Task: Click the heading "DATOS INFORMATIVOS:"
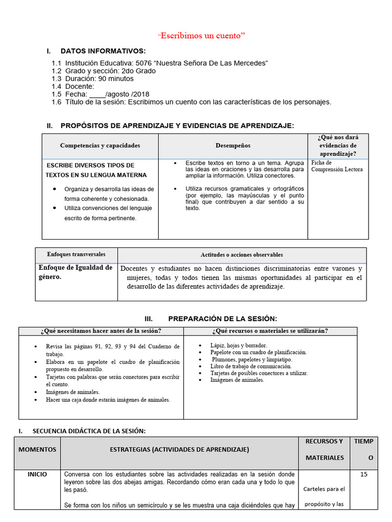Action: coord(103,51)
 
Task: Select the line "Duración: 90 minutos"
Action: coord(99,79)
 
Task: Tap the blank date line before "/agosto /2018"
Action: coord(97,94)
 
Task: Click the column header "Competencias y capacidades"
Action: coord(100,146)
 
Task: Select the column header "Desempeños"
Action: coord(233,146)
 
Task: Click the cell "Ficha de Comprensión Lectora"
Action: coord(337,166)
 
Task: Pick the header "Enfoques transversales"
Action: coord(76,254)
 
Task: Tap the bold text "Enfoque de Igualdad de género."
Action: coord(76,272)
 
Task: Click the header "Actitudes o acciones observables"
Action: coord(241,255)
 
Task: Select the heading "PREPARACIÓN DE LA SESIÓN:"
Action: coord(223,319)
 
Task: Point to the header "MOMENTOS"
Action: coord(37,450)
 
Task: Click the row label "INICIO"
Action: coord(37,475)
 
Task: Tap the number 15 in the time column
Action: coord(363,475)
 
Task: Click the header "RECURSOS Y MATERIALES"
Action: coord(324,449)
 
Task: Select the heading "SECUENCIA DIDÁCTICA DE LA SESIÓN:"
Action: coord(89,431)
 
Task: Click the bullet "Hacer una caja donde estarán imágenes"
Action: coord(108,400)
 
